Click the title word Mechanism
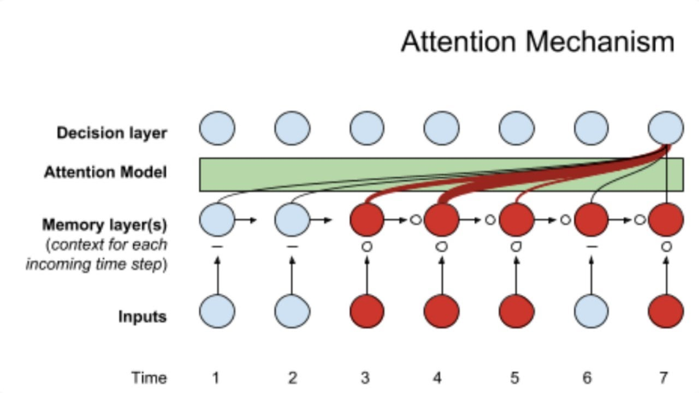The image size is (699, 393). (x=600, y=42)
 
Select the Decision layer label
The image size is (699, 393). (x=111, y=133)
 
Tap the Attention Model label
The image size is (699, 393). (x=105, y=172)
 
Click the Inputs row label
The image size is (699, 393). (x=142, y=317)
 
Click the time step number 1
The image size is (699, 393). (x=216, y=378)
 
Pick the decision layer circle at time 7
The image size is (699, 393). (x=666, y=129)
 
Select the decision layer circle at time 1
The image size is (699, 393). (x=217, y=129)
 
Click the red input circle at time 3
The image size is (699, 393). (x=367, y=312)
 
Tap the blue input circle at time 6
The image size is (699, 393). (x=591, y=312)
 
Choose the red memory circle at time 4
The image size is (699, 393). (x=441, y=220)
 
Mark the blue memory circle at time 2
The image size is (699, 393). (x=292, y=220)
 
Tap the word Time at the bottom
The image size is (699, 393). (x=149, y=378)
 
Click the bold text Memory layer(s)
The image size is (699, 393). (x=104, y=225)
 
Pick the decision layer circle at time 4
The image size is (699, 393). (x=441, y=129)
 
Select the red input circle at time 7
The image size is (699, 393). (x=666, y=312)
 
